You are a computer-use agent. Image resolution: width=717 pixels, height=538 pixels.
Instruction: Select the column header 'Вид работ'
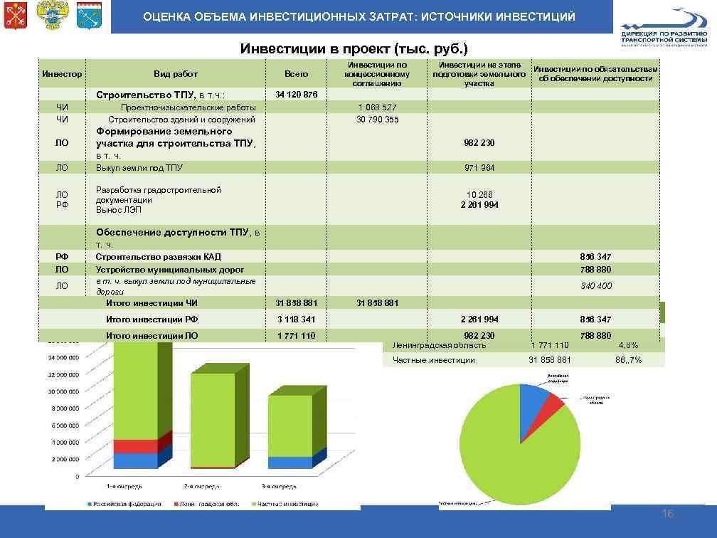point(175,74)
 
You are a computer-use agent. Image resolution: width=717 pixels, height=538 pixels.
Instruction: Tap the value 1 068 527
point(377,107)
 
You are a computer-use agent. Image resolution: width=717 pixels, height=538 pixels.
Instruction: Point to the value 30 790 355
point(377,120)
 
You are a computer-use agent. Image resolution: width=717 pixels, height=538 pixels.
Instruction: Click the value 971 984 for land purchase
point(479,168)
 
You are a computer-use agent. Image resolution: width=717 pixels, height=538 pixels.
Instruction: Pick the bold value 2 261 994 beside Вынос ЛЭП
point(479,205)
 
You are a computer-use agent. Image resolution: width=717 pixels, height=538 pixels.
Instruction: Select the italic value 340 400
point(595,286)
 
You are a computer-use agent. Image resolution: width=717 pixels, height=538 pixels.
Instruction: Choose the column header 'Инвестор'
point(62,74)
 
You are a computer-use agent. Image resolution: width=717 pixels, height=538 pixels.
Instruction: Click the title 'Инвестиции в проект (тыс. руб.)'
point(354,49)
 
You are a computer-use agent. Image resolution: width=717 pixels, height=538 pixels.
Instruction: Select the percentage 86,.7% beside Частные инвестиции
point(628,360)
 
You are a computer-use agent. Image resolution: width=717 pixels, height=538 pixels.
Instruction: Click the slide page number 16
point(667,515)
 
